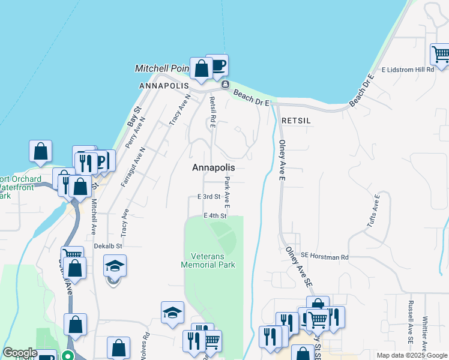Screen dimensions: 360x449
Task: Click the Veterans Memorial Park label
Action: tap(208, 260)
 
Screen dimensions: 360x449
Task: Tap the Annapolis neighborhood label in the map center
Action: tap(213, 168)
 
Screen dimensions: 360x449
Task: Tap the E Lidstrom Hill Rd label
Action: tap(406, 70)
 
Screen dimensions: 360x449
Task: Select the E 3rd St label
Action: tap(209, 197)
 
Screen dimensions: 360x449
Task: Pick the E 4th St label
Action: tap(215, 215)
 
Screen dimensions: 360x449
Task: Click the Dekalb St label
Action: tap(108, 246)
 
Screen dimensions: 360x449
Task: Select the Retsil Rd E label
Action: tap(212, 113)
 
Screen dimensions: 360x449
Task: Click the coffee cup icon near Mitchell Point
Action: tap(217, 64)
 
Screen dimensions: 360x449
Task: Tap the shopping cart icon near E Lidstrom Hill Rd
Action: tap(441, 54)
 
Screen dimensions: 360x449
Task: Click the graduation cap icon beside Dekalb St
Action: tap(115, 265)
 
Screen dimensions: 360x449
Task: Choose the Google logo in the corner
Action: tap(20, 353)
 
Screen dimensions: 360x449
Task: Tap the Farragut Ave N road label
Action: tap(133, 167)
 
